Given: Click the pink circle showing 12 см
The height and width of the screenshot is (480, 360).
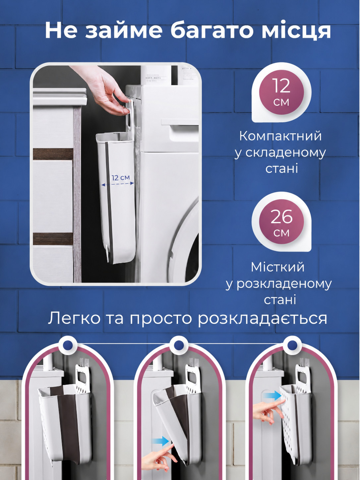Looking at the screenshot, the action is (281, 92).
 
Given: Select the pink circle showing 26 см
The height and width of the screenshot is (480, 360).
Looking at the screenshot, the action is (281, 223).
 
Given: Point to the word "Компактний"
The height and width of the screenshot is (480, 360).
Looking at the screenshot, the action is (280, 136).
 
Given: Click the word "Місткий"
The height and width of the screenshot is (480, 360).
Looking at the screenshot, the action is (277, 267).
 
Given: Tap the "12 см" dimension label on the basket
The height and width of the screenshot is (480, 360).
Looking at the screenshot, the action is (121, 178).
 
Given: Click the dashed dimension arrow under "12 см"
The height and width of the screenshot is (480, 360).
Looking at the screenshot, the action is (118, 184).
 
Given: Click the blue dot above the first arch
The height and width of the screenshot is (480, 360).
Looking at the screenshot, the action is (68, 345).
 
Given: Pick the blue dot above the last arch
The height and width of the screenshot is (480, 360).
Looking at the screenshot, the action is (291, 345).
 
